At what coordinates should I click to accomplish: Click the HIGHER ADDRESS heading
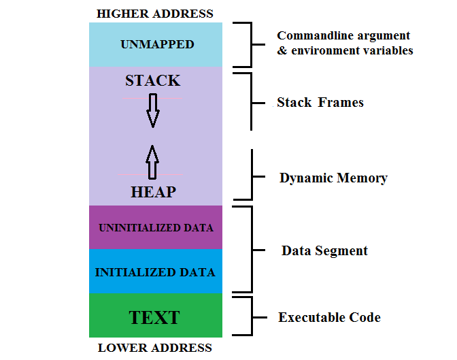coord(155,14)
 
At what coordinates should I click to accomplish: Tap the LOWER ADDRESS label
coord(155,348)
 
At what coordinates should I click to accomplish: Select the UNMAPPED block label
coord(157,44)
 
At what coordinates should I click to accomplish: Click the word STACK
coord(153,80)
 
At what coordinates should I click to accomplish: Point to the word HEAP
coord(153,192)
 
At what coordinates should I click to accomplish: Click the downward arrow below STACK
coord(153,110)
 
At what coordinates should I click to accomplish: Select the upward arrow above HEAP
coord(152,162)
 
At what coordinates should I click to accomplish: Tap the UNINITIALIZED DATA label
coord(156,227)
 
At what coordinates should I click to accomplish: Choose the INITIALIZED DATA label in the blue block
coord(155,272)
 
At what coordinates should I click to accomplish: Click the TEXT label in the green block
coord(154,317)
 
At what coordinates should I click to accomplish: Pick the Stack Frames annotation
coord(320,102)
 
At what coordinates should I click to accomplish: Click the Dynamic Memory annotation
coord(333,178)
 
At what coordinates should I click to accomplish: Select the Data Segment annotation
coord(324,250)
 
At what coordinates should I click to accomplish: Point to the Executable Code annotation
coord(329,317)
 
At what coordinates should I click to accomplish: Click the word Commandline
coord(316,35)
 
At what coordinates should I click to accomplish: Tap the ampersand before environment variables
coord(282,50)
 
